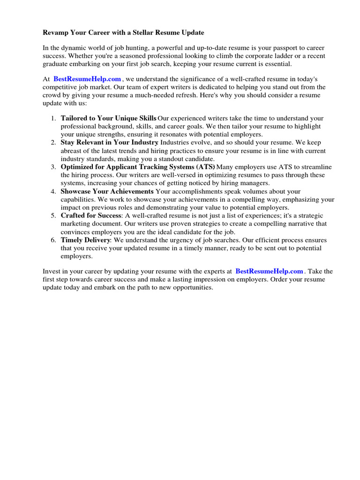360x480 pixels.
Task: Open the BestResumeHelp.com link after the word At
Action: coord(87,80)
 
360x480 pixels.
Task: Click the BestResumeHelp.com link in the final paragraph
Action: coord(269,271)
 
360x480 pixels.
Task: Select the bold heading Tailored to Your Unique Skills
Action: coord(109,119)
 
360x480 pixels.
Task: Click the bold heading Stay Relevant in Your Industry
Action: coord(110,142)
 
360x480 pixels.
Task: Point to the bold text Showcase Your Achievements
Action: coord(107,191)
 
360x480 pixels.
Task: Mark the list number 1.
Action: coord(53,119)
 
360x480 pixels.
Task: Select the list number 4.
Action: coord(53,191)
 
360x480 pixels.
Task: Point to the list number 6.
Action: coord(53,240)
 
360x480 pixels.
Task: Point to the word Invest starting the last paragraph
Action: coord(52,271)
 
